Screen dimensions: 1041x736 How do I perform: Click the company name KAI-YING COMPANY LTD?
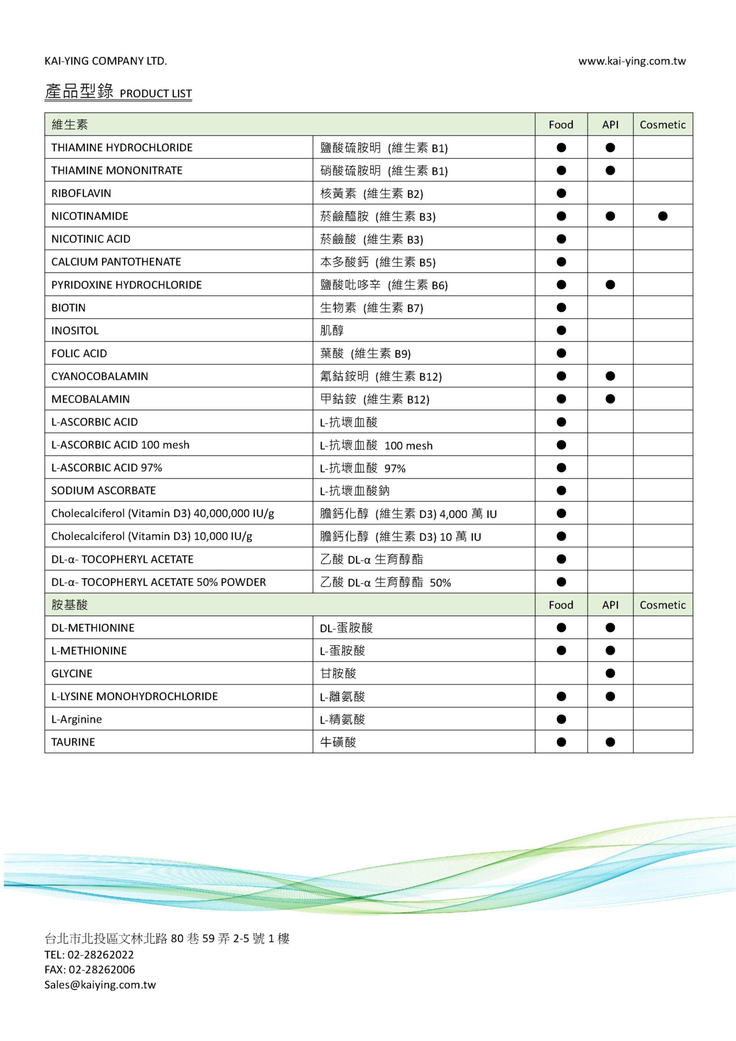pyautogui.click(x=106, y=61)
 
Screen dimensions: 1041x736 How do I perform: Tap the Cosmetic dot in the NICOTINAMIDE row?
pyautogui.click(x=662, y=216)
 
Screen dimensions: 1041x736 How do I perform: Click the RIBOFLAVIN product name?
pyautogui.click(x=81, y=194)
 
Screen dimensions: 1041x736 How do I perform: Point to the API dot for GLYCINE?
pyautogui.click(x=610, y=673)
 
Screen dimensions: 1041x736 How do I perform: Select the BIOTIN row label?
pyautogui.click(x=69, y=308)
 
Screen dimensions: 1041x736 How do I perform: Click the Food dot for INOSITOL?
pyautogui.click(x=561, y=330)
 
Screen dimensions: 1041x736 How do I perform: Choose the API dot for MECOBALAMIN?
pyautogui.click(x=610, y=399)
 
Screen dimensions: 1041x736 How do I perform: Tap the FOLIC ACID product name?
pyautogui.click(x=80, y=354)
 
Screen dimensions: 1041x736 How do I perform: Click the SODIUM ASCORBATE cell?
pyautogui.click(x=104, y=491)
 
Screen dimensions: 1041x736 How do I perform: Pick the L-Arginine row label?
pyautogui.click(x=77, y=719)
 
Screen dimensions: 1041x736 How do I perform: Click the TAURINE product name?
pyautogui.click(x=73, y=742)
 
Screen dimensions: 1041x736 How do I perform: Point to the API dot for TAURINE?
pyautogui.click(x=610, y=742)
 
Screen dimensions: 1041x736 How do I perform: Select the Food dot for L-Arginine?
pyautogui.click(x=561, y=719)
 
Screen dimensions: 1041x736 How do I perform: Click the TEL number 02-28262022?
pyautogui.click(x=101, y=955)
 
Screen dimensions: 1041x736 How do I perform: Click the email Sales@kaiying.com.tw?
pyautogui.click(x=100, y=985)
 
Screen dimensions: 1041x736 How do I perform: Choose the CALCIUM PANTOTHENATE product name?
pyautogui.click(x=116, y=262)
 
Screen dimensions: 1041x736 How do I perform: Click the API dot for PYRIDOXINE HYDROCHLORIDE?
pyautogui.click(x=610, y=285)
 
